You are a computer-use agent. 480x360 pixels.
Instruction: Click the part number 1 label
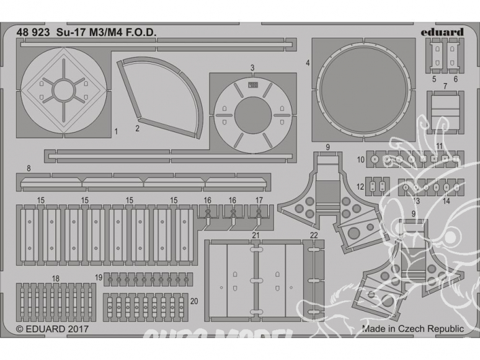(x=117, y=131)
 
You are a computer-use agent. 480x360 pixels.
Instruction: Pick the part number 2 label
(x=137, y=130)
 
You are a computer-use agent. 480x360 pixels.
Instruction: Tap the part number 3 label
(x=252, y=68)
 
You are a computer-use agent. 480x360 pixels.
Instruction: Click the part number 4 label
(x=308, y=63)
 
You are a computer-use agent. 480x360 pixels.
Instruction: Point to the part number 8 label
(x=29, y=168)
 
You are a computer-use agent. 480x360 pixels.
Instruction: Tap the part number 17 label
(x=259, y=200)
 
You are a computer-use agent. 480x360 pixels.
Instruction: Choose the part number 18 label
(x=56, y=278)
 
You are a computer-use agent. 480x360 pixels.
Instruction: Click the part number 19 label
(x=98, y=276)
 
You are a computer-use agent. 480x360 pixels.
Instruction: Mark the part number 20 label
(x=194, y=301)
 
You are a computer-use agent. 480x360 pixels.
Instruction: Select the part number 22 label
(x=314, y=235)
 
